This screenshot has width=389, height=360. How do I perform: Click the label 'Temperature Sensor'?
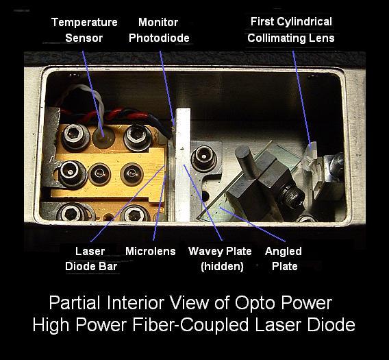coord(84,30)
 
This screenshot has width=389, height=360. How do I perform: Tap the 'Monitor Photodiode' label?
coord(159,30)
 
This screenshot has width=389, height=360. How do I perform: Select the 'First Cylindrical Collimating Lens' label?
coord(291,29)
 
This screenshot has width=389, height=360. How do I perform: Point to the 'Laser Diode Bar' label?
coord(91,259)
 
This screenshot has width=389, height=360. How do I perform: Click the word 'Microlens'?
coord(151,251)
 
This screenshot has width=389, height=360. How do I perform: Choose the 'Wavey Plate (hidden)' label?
coord(220,259)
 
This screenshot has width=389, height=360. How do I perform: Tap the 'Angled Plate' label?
coord(284,259)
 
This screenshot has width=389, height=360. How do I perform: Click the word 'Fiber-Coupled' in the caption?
coord(190,325)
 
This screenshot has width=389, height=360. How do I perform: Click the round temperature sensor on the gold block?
coord(103,137)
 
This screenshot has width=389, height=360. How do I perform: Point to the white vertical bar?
coord(183,165)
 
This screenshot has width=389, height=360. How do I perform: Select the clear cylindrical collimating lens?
coord(311,156)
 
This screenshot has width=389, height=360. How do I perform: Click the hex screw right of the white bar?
coord(203,158)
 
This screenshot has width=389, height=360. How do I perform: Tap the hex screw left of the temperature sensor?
coord(75,136)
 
